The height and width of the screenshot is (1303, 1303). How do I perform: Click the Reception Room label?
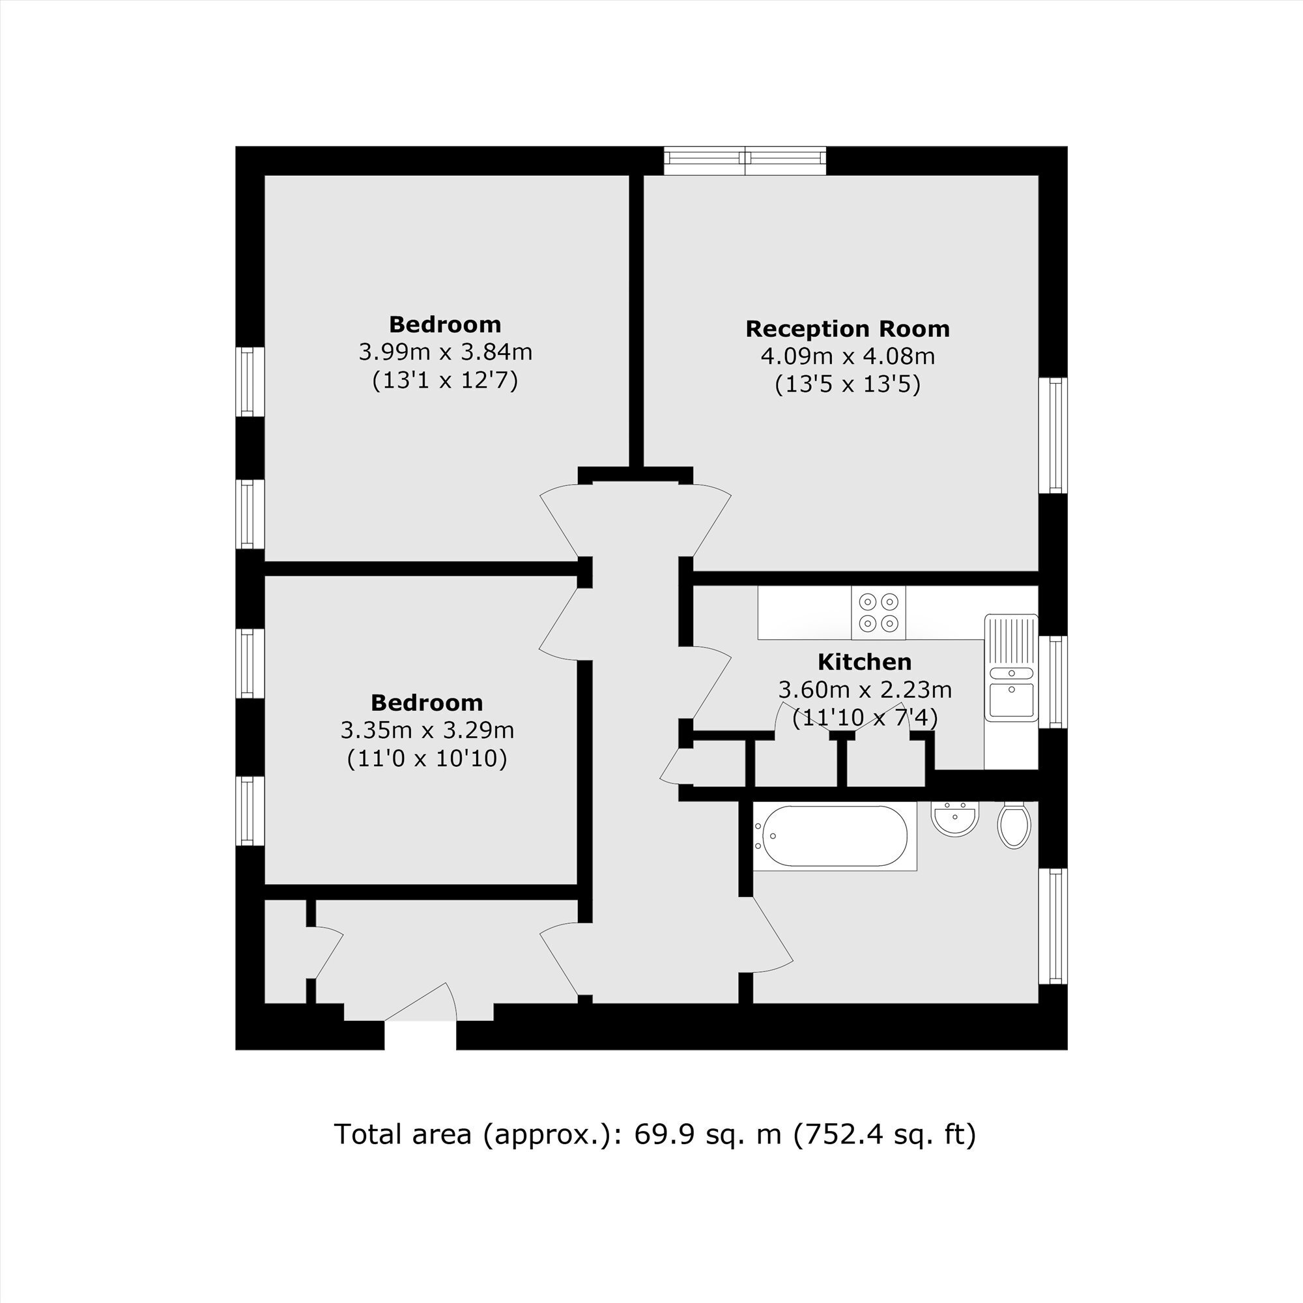(x=847, y=329)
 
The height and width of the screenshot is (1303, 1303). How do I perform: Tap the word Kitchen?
(x=865, y=662)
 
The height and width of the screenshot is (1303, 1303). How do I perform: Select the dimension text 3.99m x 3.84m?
(x=445, y=352)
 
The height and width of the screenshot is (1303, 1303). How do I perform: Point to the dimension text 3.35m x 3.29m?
(x=427, y=730)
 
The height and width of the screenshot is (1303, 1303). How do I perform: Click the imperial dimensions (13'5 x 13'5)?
(x=848, y=385)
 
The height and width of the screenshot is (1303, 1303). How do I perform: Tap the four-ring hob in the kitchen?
(x=879, y=612)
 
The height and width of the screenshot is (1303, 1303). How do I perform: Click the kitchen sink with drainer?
(x=1011, y=668)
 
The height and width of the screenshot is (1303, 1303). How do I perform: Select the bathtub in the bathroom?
(x=835, y=837)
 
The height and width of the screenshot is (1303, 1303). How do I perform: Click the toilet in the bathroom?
(x=1014, y=825)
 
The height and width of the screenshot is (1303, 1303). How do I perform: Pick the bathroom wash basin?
(x=955, y=818)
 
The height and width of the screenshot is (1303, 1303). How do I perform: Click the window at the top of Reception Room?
(x=745, y=160)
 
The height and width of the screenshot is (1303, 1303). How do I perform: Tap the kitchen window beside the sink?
(x=1053, y=682)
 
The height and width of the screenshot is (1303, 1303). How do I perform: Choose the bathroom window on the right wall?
(x=1053, y=926)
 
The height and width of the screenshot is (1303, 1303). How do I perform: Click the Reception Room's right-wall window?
(x=1053, y=435)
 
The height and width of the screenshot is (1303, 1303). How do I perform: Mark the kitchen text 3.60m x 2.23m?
(x=865, y=690)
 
